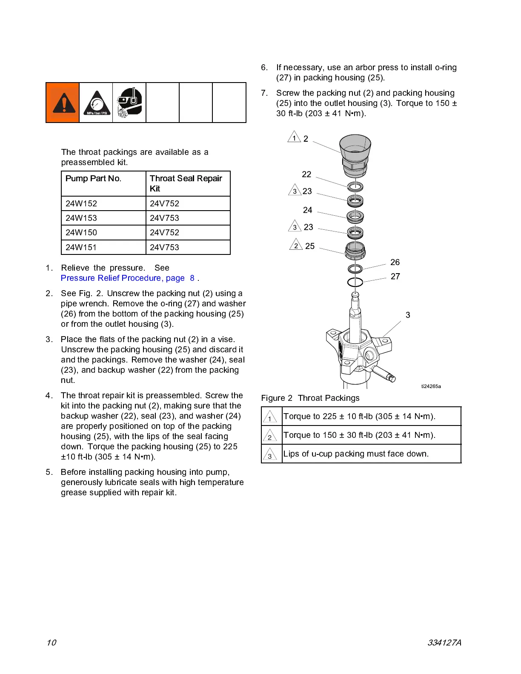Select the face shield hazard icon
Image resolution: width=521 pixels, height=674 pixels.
click(x=129, y=103)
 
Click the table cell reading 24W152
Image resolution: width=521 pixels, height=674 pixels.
click(x=81, y=203)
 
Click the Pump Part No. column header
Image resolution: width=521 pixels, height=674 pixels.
click(x=93, y=178)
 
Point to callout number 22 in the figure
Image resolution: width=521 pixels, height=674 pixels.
click(x=306, y=174)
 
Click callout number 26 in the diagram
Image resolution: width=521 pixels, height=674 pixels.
click(x=395, y=262)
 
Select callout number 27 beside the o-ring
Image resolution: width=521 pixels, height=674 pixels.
click(x=395, y=277)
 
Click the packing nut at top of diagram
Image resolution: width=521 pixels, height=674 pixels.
click(x=355, y=155)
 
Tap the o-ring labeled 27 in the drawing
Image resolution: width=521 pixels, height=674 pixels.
click(x=355, y=282)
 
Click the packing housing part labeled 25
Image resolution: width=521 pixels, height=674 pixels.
click(x=355, y=250)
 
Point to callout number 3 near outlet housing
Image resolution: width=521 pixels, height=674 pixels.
click(x=408, y=315)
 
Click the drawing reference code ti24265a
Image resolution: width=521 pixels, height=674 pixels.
click(x=431, y=386)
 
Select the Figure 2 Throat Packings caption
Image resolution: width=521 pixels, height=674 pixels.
click(x=310, y=398)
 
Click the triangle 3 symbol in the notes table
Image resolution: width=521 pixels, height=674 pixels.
click(x=269, y=454)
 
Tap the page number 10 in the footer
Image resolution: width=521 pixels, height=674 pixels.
click(x=51, y=643)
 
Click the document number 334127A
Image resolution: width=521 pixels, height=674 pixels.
click(x=444, y=643)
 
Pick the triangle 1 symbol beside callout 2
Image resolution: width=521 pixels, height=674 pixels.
click(x=294, y=137)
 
